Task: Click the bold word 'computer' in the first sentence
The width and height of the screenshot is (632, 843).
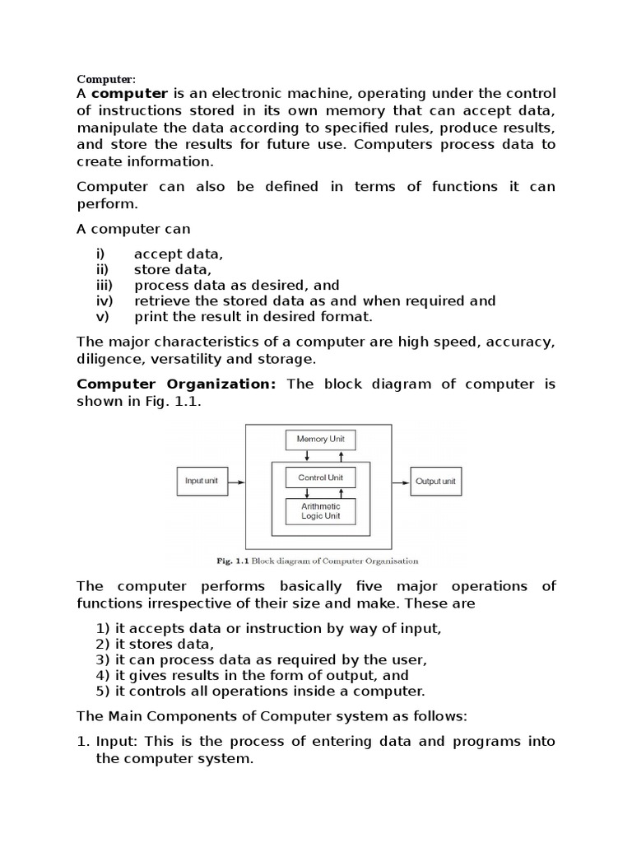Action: (x=134, y=93)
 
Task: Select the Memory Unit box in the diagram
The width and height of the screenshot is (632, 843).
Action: (x=320, y=440)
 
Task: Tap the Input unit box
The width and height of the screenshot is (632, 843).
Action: (x=202, y=481)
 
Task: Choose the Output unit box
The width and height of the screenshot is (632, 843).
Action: (x=435, y=481)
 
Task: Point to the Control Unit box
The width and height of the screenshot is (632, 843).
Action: (x=320, y=477)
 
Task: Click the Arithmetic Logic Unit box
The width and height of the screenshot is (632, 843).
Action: (x=320, y=511)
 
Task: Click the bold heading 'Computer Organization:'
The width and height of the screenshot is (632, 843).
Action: (x=176, y=384)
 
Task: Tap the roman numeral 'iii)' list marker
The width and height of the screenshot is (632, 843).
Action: (x=104, y=285)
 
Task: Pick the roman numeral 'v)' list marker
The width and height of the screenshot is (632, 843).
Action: (x=102, y=316)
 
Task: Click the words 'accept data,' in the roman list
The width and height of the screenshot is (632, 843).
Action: (x=178, y=254)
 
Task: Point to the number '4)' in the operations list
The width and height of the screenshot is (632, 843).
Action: (x=103, y=675)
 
